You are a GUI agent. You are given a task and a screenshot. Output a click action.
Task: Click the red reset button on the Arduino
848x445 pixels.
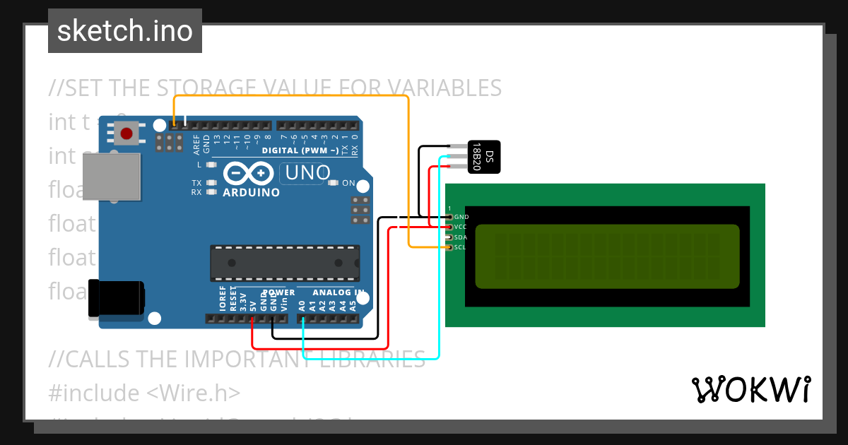click(127, 133)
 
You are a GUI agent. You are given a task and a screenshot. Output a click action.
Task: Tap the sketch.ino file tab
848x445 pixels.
click(125, 31)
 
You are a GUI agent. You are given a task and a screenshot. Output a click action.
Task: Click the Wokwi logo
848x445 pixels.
click(750, 389)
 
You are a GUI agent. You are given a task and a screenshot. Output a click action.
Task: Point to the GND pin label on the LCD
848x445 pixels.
click(461, 217)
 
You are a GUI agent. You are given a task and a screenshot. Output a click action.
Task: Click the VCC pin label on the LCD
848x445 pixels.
click(461, 227)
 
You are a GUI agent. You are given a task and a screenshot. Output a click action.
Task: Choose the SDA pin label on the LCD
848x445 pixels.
click(461, 237)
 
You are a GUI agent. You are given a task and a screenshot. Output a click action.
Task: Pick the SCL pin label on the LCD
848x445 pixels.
click(460, 247)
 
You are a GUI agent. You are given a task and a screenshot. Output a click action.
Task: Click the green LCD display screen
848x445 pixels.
click(607, 257)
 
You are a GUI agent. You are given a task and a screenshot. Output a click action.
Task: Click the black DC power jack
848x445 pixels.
click(115, 298)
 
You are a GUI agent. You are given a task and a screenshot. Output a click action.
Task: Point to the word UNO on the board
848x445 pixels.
click(306, 172)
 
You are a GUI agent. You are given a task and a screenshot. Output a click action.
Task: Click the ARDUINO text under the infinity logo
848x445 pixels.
click(251, 192)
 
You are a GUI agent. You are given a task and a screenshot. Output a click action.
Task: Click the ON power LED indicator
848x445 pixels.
click(334, 183)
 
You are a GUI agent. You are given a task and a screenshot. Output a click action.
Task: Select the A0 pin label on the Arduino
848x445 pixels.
click(302, 306)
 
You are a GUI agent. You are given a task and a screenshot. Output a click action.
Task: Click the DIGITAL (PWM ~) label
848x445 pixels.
click(300, 150)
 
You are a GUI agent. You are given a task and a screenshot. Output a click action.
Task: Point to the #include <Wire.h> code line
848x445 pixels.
click(145, 393)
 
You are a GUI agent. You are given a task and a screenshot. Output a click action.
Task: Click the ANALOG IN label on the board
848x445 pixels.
click(338, 292)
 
